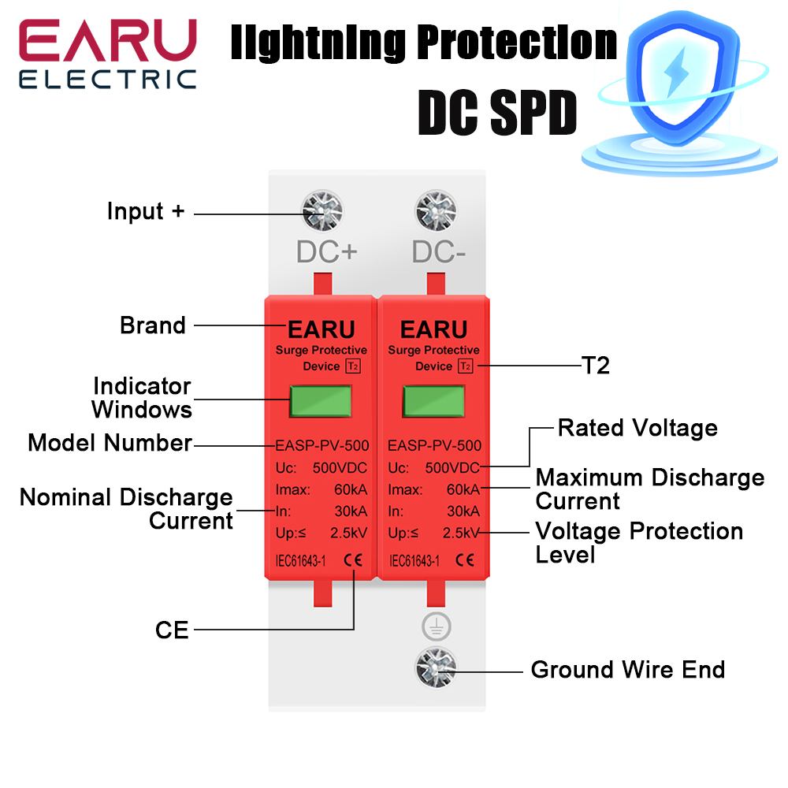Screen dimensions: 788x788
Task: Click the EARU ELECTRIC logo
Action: tap(108, 54)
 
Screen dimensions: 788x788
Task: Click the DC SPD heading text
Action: tap(497, 116)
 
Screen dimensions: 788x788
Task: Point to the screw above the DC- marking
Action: tap(436, 212)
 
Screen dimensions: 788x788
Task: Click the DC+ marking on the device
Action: tap(327, 251)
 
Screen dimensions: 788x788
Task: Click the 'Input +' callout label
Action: tap(146, 211)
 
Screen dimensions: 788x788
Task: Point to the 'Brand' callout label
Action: tap(153, 325)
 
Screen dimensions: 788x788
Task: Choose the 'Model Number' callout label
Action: tap(110, 443)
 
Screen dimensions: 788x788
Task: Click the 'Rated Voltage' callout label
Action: tap(637, 428)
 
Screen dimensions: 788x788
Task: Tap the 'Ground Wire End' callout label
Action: tap(627, 670)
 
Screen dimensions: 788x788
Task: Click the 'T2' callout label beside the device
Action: tap(596, 366)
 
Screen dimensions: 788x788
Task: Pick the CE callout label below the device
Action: tap(172, 630)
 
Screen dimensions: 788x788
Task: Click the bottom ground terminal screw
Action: tap(436, 670)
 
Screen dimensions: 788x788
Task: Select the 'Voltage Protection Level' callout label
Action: tap(638, 542)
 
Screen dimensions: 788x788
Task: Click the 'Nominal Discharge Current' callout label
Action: tap(126, 508)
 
